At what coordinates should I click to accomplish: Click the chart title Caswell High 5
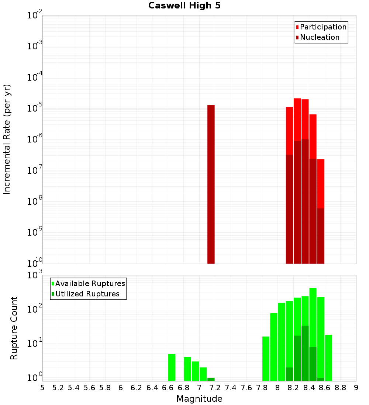click(x=184, y=6)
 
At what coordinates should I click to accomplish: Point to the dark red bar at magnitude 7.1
click(x=211, y=184)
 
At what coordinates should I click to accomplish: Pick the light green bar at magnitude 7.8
click(x=266, y=359)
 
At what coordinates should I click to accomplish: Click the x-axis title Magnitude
click(x=199, y=399)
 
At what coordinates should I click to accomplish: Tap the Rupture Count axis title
click(x=14, y=328)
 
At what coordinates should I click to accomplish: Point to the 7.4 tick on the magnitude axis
click(x=231, y=388)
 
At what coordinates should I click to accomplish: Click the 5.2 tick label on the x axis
click(x=58, y=388)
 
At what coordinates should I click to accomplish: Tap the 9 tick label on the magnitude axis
click(x=356, y=388)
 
